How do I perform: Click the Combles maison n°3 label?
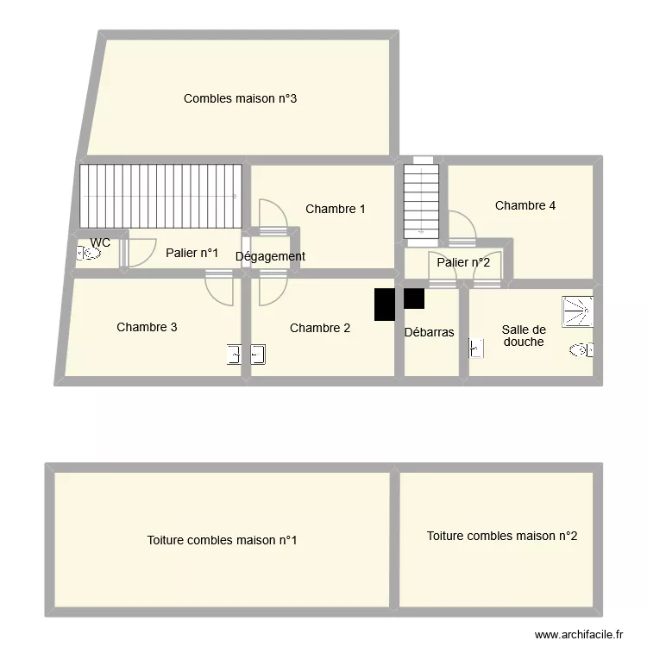coord(241,98)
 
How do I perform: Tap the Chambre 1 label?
coord(336,209)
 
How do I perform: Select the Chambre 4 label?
coord(525,205)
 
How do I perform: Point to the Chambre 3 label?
coord(148,327)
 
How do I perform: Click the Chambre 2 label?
coord(320,328)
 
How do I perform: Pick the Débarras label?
coord(430,331)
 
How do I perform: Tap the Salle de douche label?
coord(524,336)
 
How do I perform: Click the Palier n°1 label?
coord(192,253)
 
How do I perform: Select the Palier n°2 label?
coord(463,262)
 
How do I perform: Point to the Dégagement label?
coord(270,256)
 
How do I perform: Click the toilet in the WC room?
coord(87,254)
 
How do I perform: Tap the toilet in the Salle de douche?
coord(581,349)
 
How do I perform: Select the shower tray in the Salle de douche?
coord(577,311)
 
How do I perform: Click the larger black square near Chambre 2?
coord(385,305)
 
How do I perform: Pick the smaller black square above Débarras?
coord(414,298)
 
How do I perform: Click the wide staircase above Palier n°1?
coord(160,196)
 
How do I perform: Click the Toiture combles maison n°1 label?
coord(223,541)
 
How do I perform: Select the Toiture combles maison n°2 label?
coord(502,536)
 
